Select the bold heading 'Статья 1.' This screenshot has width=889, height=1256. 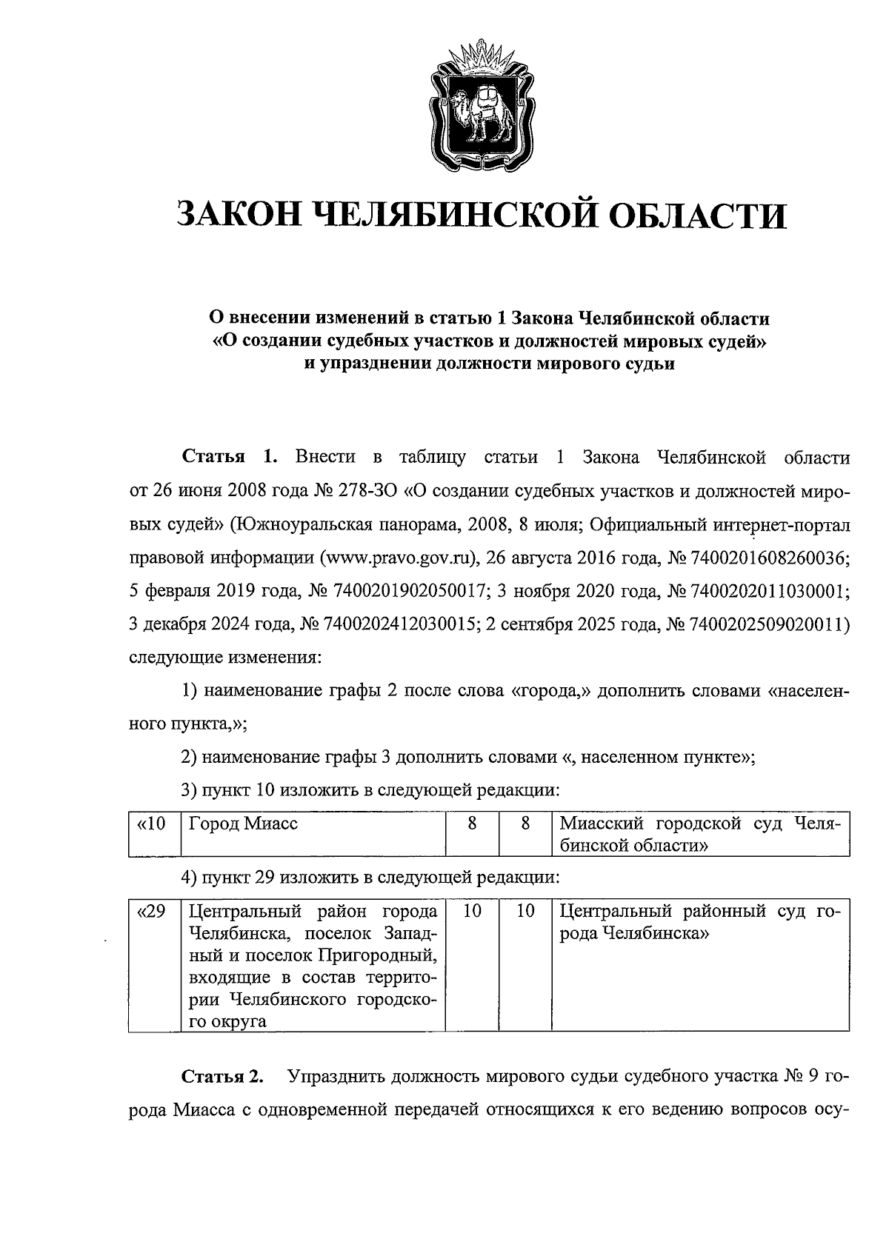click(x=230, y=458)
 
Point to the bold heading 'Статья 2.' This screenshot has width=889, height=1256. click(x=223, y=1076)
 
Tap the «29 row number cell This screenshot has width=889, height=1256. click(x=154, y=911)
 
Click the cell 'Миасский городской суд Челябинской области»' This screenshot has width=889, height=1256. click(x=699, y=834)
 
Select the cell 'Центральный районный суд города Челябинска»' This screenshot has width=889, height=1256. click(x=699, y=922)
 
